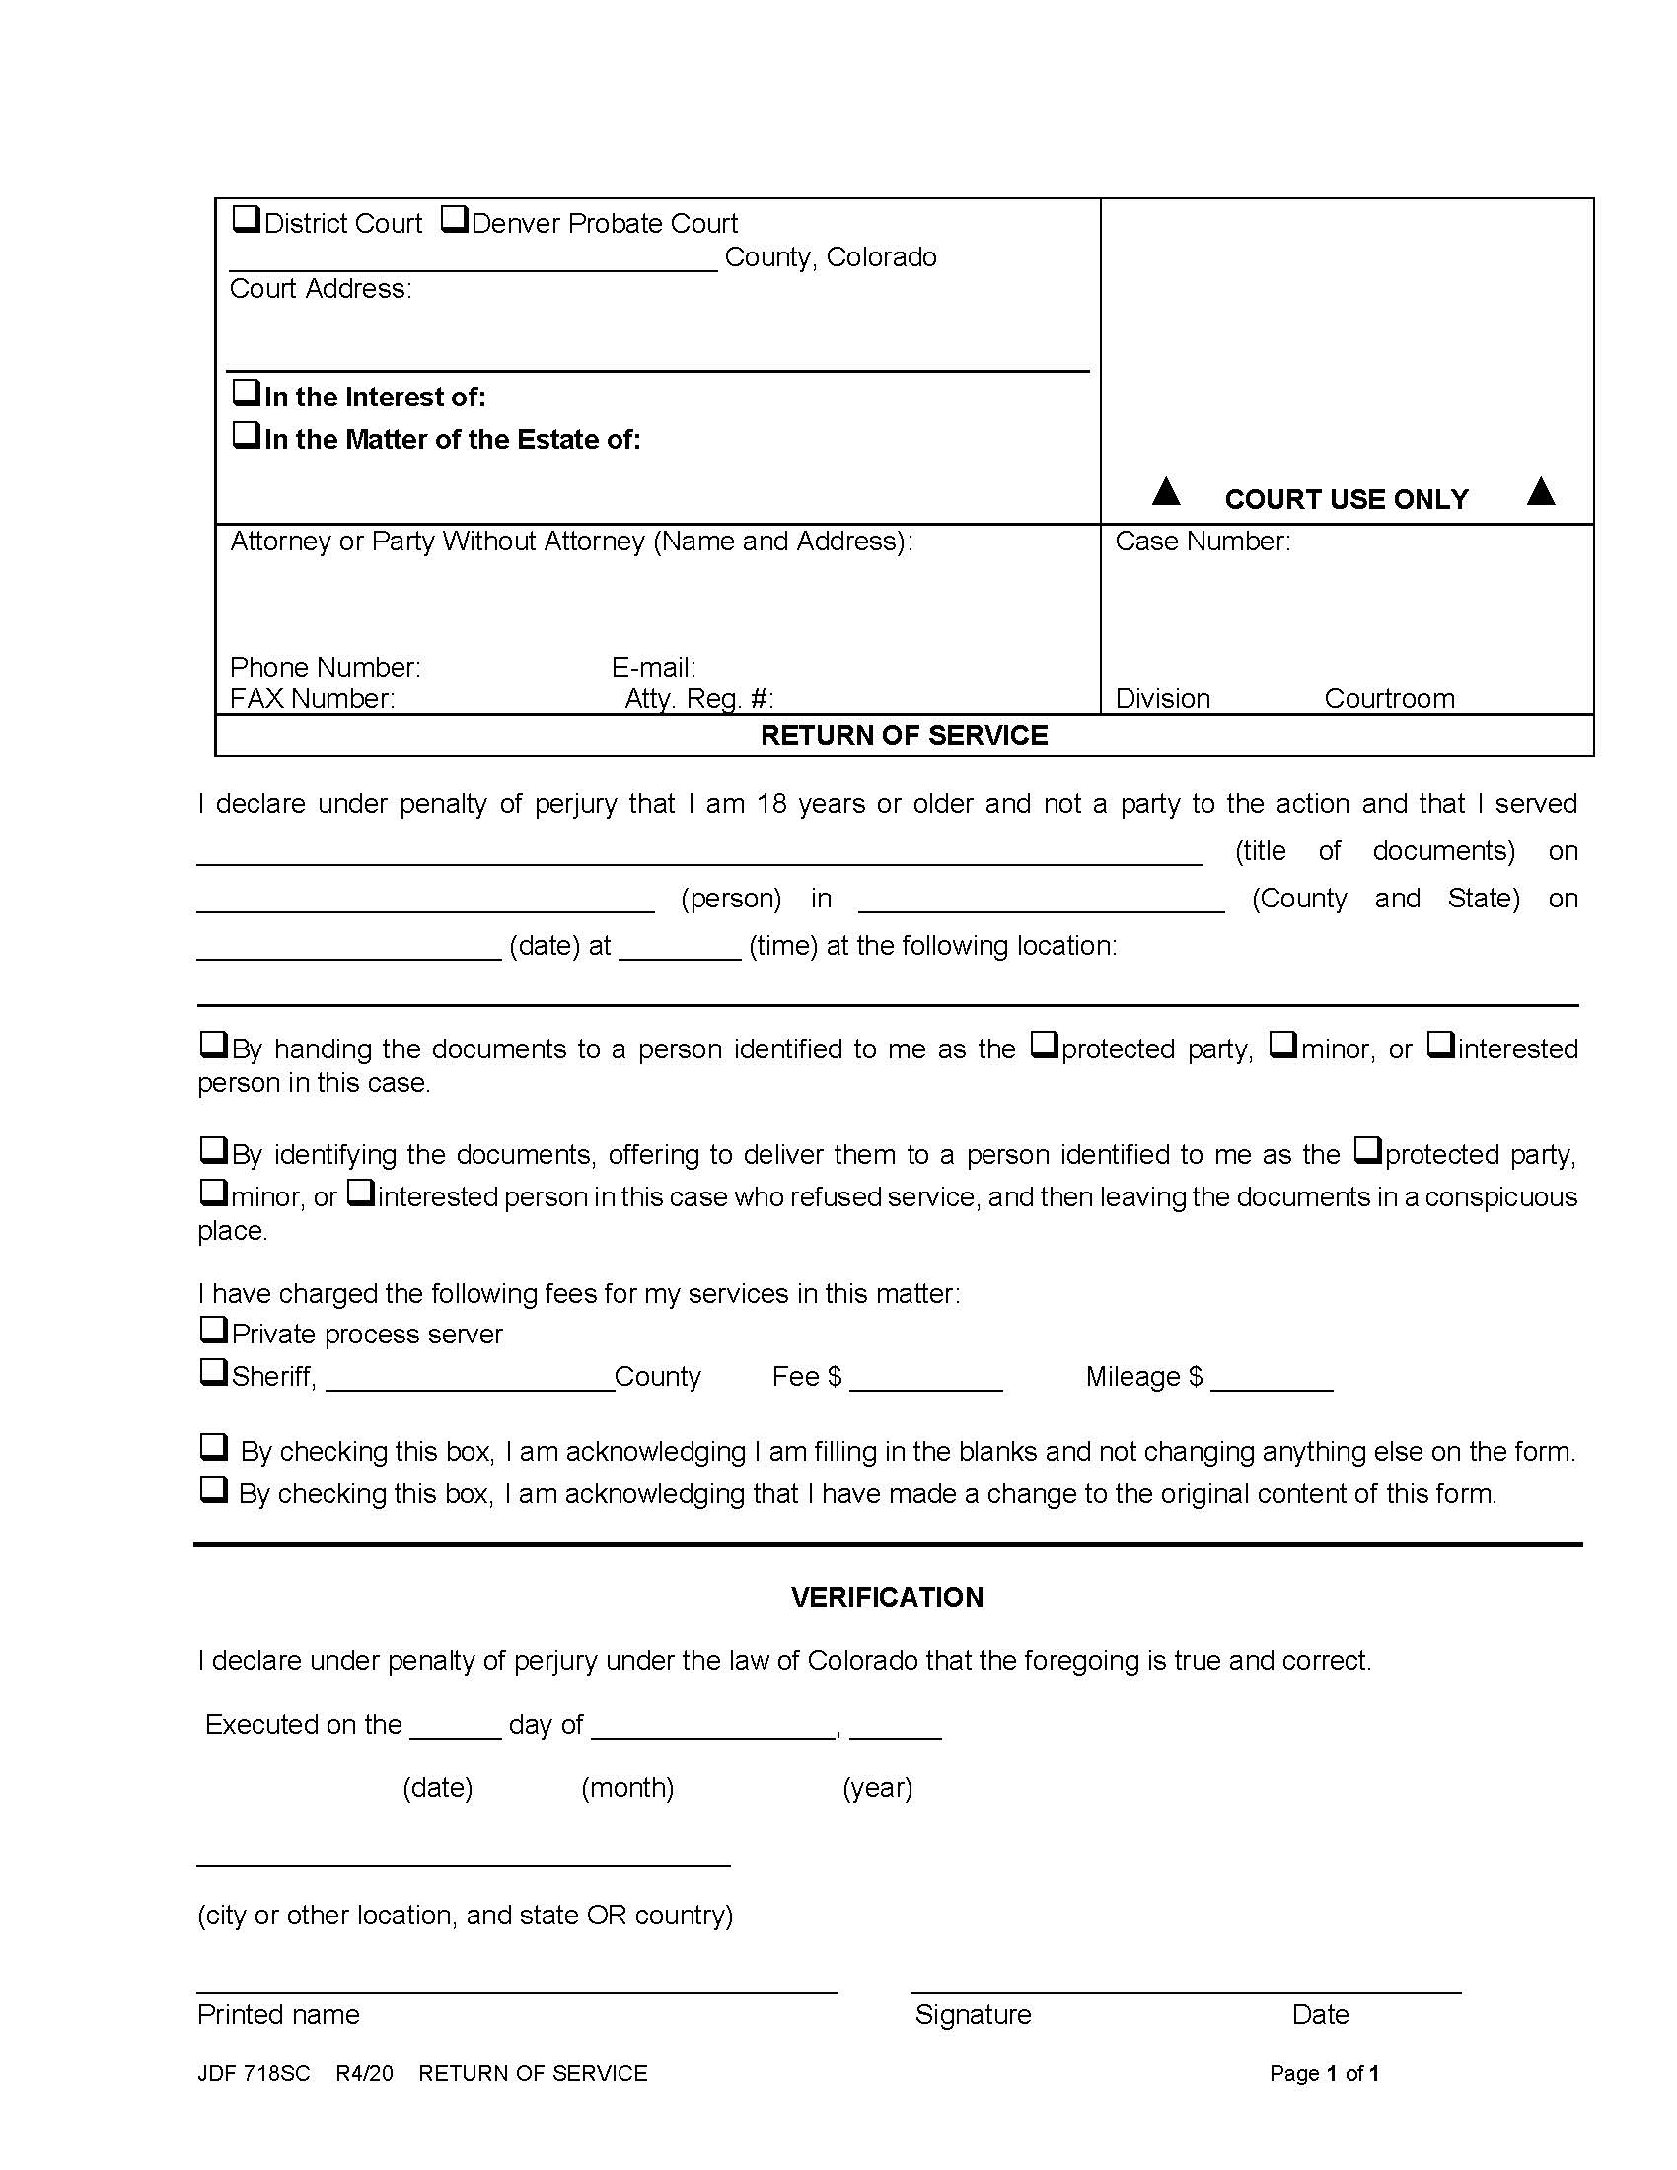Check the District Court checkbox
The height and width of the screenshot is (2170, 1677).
tap(246, 219)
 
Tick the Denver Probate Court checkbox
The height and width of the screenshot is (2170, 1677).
tap(454, 219)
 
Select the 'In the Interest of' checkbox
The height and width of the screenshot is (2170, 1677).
tap(246, 393)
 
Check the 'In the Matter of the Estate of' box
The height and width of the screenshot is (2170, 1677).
tap(246, 435)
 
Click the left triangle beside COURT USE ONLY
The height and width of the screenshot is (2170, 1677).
tap(1166, 492)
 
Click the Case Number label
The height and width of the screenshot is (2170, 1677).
tap(1203, 542)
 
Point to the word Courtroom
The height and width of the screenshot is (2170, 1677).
tap(1389, 698)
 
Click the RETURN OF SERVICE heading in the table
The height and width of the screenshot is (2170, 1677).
tap(904, 735)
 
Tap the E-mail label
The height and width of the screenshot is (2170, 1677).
tap(653, 667)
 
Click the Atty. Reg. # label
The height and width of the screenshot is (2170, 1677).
tap(698, 698)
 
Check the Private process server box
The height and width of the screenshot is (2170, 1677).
tap(213, 1330)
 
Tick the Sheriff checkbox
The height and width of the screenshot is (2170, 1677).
tap(213, 1372)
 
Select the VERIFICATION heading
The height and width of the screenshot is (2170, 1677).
tap(886, 1598)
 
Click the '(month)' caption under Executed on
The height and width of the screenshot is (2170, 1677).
tap(626, 1787)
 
